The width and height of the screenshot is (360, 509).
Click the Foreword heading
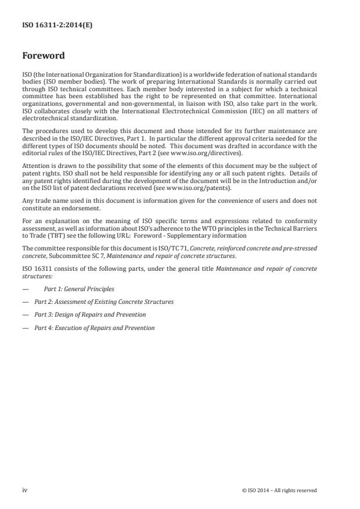[x=45, y=56]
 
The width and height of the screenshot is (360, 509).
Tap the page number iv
[x=24, y=490]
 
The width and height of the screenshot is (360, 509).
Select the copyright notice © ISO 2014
[x=279, y=490]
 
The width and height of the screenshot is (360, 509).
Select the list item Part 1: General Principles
[x=79, y=289]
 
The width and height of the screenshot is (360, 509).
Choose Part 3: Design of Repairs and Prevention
[x=89, y=314]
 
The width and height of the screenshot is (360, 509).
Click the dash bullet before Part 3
[x=26, y=314]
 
